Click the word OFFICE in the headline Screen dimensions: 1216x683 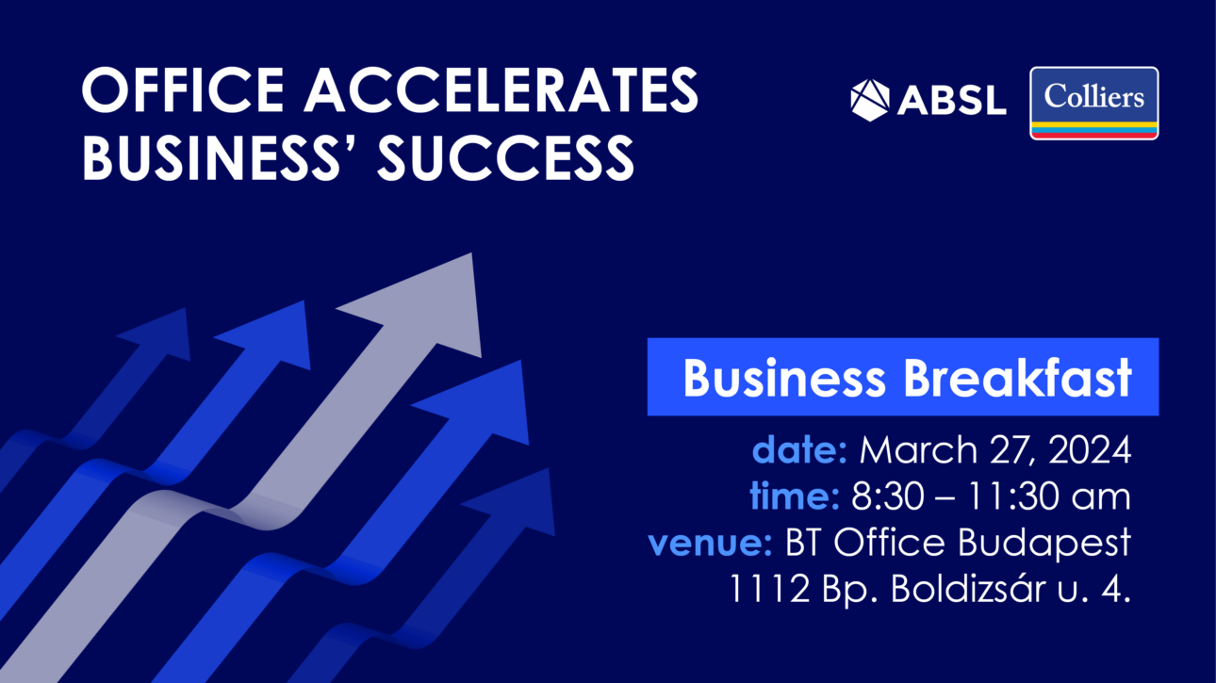[183, 89]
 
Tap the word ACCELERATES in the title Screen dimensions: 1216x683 [501, 89]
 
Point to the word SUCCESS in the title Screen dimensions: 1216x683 [505, 157]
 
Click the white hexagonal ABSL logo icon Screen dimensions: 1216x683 [870, 101]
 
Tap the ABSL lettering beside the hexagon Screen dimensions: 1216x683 [952, 101]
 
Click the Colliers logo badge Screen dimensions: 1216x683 [1093, 103]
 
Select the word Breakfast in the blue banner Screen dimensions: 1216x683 [1017, 378]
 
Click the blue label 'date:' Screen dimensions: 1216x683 [799, 449]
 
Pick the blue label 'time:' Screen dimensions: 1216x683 [795, 496]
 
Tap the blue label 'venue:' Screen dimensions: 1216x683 [710, 543]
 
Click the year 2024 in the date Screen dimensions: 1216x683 [1090, 449]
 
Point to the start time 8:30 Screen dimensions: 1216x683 [888, 496]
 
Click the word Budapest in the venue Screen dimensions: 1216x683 [1043, 543]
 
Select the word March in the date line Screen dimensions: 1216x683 [918, 449]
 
